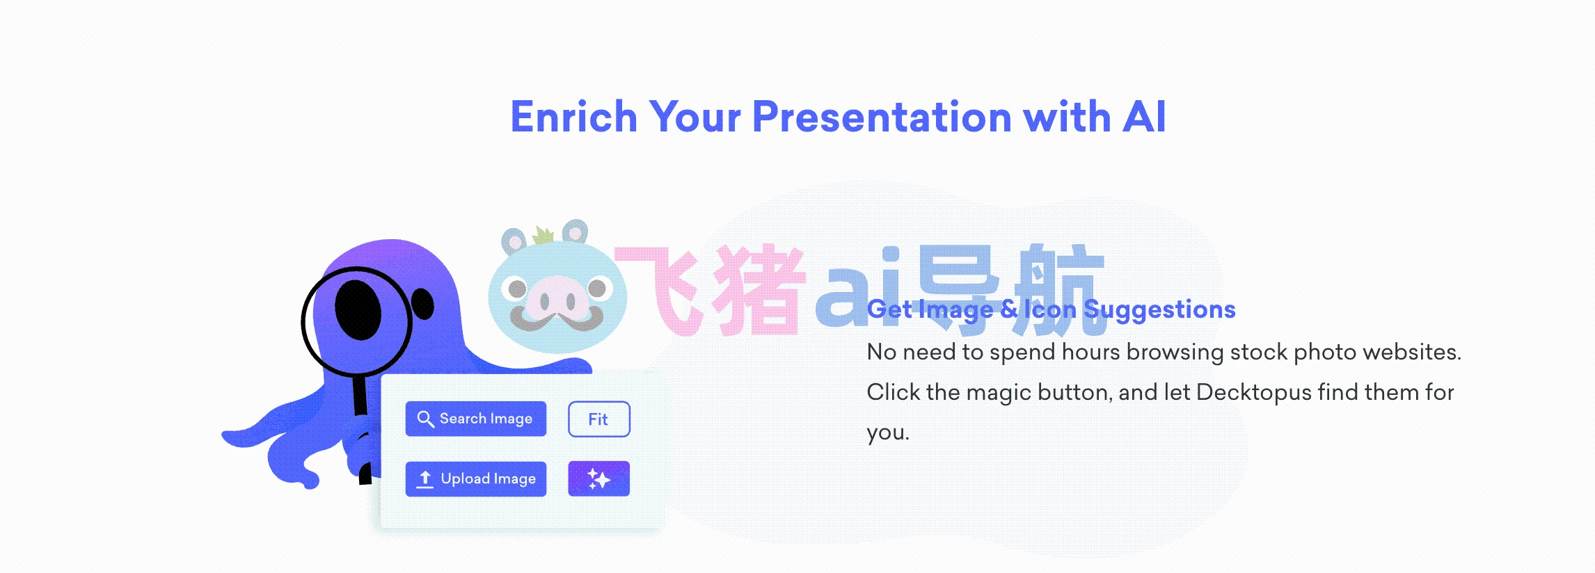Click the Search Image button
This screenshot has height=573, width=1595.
475,419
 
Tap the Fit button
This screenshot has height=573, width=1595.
598,419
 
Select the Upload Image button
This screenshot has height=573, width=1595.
475,478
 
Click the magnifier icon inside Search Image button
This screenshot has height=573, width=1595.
425,419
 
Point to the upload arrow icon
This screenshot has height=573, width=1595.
424,479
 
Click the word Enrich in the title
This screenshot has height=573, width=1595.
574,116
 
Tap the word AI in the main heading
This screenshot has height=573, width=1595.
1144,116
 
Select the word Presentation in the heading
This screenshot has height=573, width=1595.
882,116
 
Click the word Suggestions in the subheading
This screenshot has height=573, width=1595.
1159,310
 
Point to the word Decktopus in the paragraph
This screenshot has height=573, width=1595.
1253,393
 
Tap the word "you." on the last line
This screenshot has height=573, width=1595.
888,433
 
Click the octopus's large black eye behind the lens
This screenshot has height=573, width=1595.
358,309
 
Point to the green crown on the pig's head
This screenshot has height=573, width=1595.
543,235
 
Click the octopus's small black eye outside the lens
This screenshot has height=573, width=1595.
422,304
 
